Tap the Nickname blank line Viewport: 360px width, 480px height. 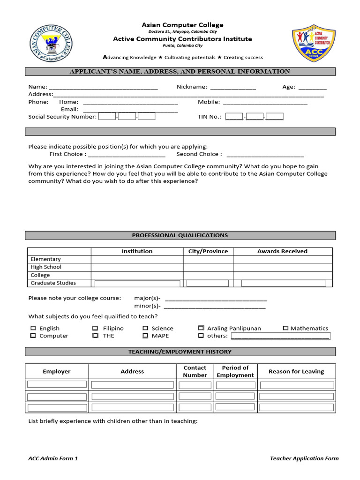click(232, 87)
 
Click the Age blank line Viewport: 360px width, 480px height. click(312, 87)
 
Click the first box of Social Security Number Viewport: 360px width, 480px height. click(107, 117)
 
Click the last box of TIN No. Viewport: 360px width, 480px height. click(275, 117)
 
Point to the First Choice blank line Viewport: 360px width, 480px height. click(127, 155)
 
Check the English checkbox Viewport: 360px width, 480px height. click(33, 329)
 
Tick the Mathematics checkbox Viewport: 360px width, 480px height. click(285, 329)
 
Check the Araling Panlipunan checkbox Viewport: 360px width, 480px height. click(201, 329)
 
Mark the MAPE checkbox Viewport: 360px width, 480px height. click(145, 336)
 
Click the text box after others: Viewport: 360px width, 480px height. click(280, 336)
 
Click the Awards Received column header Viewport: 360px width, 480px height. click(282, 251)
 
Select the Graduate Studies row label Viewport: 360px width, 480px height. click(53, 283)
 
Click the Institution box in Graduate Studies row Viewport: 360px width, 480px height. click(137, 284)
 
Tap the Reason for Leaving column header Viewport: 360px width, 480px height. click(296, 372)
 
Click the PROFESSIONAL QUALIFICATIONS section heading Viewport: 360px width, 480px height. click(180, 235)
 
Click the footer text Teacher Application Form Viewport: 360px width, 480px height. click(304, 458)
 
